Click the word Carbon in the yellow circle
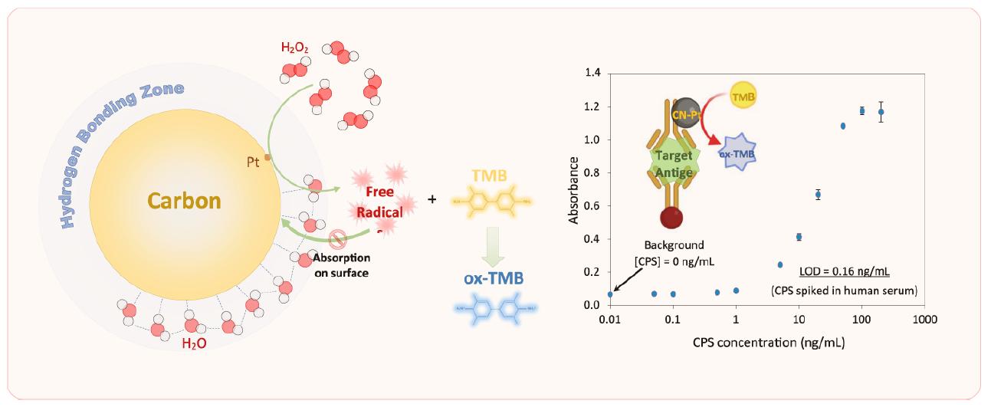pos(184,202)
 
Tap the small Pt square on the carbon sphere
pos(267,157)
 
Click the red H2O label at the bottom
pos(193,344)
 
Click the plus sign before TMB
pos(432,199)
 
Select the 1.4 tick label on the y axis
pos(593,74)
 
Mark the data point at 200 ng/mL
pos(881,112)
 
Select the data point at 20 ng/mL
pos(818,195)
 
